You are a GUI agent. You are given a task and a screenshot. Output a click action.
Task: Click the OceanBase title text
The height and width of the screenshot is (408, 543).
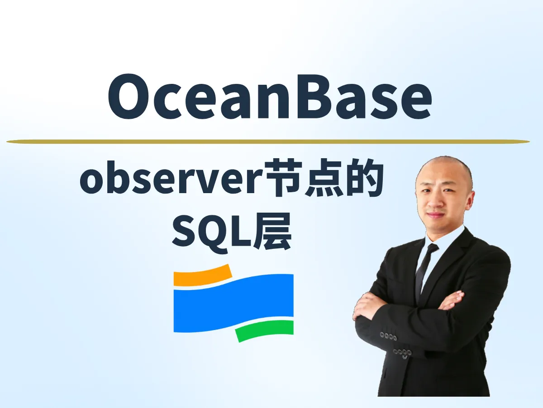pyautogui.click(x=270, y=97)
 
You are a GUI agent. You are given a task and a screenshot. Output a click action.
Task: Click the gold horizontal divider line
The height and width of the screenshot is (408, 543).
pyautogui.click(x=268, y=141)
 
